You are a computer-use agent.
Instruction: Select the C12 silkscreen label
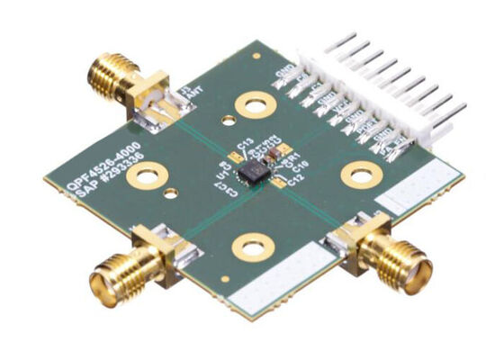click(x=296, y=179)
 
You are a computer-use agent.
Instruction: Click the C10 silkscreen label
click(x=300, y=166)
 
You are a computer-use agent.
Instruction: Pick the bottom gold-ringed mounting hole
click(x=250, y=244)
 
